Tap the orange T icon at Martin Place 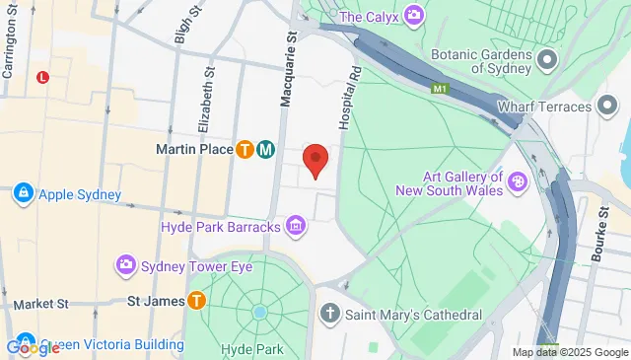tap(245, 150)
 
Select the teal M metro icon tap(265, 150)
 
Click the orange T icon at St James tap(196, 300)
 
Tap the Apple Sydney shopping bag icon tap(23, 194)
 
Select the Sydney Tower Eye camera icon tap(126, 266)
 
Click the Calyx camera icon tap(414, 16)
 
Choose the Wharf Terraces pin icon tap(581, 106)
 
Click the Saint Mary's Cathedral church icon tap(330, 316)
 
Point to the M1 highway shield tap(440, 89)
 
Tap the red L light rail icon tap(42, 77)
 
